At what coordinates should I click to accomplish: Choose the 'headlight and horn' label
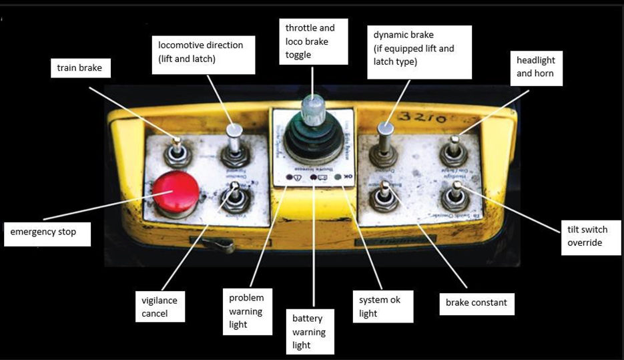point(536,67)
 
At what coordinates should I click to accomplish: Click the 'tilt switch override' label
point(587,236)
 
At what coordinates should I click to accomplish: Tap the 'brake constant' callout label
point(477,303)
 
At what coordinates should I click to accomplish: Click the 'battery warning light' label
point(309,332)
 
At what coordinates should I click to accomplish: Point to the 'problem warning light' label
point(246,311)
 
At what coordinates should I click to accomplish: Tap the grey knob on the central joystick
point(312,109)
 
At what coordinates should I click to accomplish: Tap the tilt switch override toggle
point(455,198)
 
